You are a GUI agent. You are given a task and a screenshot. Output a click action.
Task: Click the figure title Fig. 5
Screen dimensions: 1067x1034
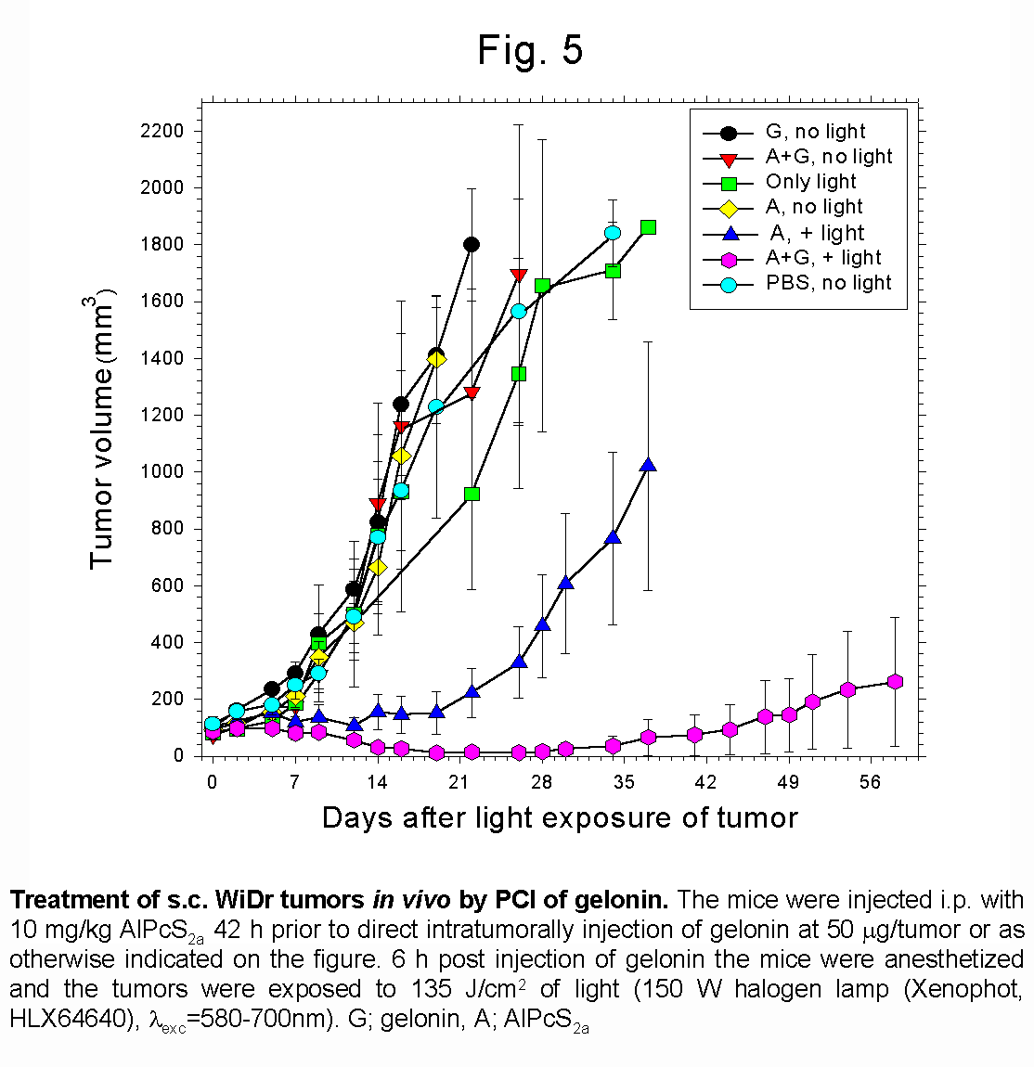click(x=530, y=50)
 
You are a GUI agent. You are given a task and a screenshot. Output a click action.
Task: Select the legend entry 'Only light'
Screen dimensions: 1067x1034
click(x=810, y=182)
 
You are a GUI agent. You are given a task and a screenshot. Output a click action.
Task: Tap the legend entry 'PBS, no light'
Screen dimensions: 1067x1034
click(x=828, y=283)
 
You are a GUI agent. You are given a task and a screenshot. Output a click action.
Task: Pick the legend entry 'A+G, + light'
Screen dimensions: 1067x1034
click(x=823, y=258)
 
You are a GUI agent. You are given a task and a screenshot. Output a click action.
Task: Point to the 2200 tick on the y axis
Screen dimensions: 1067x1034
click(x=162, y=131)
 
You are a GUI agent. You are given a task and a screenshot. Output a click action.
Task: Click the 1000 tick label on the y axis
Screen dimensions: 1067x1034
click(x=162, y=471)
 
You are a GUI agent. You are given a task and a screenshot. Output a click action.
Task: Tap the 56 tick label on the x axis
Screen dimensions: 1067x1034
click(x=869, y=782)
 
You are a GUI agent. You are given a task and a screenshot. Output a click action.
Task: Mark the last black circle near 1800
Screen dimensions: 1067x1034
click(x=471, y=244)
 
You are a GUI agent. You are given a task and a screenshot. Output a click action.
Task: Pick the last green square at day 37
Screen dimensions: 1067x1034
click(x=648, y=227)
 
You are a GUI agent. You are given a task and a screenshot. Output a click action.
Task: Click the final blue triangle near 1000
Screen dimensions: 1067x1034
click(x=648, y=465)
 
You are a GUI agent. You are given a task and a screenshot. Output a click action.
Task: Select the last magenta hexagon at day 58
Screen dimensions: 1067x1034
click(x=895, y=682)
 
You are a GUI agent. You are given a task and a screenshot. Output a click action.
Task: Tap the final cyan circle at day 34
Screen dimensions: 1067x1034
click(x=613, y=233)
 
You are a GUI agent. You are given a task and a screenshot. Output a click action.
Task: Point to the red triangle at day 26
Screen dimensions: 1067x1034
click(x=519, y=276)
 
